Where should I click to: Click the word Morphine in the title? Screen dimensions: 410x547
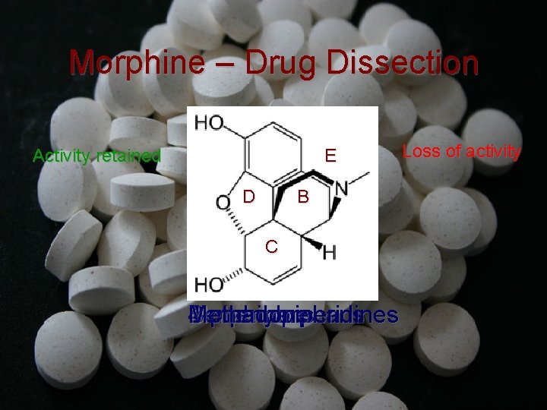click(131, 62)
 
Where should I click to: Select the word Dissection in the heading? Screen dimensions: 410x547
click(402, 62)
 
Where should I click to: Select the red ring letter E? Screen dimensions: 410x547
click(330, 156)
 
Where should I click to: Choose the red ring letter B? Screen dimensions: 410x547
click(302, 197)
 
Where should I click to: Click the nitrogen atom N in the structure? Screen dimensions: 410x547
click(342, 185)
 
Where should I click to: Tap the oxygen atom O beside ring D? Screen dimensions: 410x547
click(222, 202)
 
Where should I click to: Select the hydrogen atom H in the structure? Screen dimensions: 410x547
click(329, 252)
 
